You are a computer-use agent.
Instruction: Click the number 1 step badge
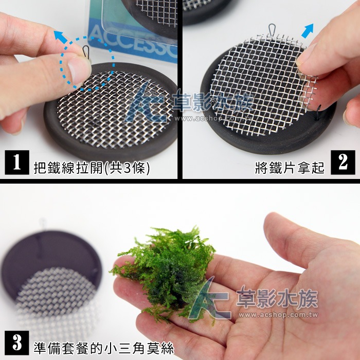coord(17,163)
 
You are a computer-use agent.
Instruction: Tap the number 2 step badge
coord(343,163)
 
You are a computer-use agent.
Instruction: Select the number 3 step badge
coord(17,343)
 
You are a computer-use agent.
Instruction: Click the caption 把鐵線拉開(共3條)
coord(92,168)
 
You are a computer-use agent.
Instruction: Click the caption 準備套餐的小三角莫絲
coord(104,348)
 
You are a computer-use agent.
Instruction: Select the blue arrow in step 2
coord(307,31)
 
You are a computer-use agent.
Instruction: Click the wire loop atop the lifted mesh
coord(272,29)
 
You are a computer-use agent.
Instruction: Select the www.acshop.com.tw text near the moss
coord(278,315)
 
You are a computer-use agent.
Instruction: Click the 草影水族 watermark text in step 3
coord(277,298)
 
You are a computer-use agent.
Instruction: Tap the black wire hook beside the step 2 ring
coord(318,112)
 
